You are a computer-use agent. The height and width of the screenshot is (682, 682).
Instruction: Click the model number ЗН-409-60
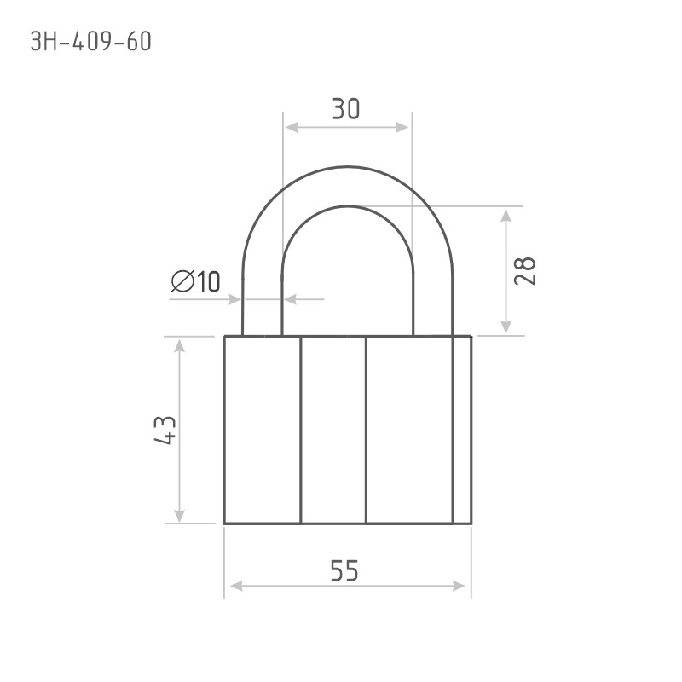[x=91, y=42]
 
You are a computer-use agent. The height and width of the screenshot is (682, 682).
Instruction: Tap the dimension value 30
[x=346, y=109]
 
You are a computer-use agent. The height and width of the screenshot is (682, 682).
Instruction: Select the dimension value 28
[x=524, y=271]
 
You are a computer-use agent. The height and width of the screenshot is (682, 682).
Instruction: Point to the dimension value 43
[x=165, y=431]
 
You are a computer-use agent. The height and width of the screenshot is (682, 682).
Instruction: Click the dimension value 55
[x=344, y=570]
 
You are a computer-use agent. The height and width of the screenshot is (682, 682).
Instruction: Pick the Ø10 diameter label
[x=196, y=281]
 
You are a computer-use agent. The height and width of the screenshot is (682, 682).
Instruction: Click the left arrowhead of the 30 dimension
[x=292, y=127]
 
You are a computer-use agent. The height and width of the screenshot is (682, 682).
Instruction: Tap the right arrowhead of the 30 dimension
[x=402, y=127]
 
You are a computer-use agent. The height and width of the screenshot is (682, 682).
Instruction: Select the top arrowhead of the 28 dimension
[x=506, y=216]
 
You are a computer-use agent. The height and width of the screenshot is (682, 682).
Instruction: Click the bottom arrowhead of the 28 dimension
[x=506, y=327]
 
